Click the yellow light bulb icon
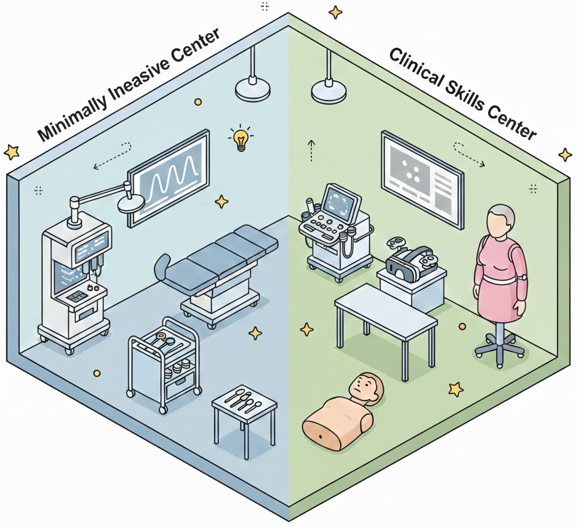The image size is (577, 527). tap(241, 140)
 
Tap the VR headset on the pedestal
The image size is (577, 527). tap(409, 262)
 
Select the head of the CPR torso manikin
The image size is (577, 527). tap(366, 389)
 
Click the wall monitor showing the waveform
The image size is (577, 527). tap(169, 177)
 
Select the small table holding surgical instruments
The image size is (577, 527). tap(244, 419)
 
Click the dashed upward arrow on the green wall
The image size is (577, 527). tap(311, 150)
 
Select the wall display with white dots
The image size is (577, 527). tap(422, 179)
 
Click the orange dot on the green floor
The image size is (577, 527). tap(462, 327)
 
